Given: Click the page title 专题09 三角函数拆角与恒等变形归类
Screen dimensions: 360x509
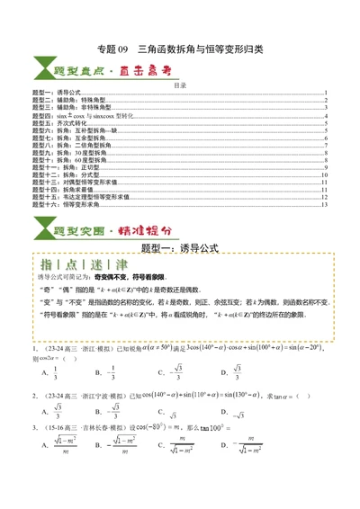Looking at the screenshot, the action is coord(179,49).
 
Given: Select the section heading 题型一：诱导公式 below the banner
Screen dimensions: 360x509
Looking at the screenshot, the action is coord(181,246).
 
